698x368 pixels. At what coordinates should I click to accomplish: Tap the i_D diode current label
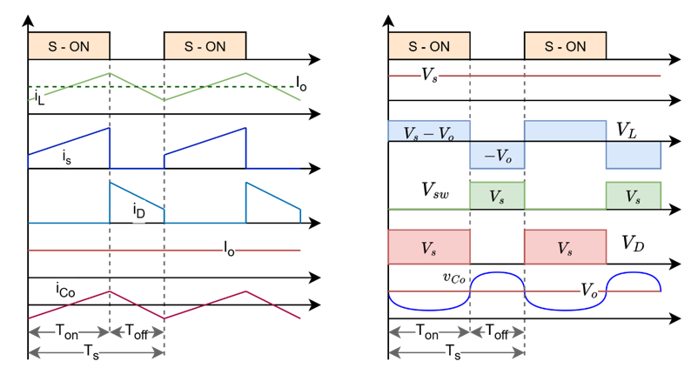138,210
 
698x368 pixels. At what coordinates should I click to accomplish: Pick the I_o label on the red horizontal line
229,250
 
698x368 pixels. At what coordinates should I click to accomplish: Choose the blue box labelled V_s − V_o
429,132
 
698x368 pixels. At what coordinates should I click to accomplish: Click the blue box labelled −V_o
496,156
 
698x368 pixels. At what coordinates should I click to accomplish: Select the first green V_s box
496,197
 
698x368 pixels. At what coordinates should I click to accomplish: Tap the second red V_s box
564,247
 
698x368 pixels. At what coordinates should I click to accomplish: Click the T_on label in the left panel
69,331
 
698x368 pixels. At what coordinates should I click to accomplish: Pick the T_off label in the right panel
496,331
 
